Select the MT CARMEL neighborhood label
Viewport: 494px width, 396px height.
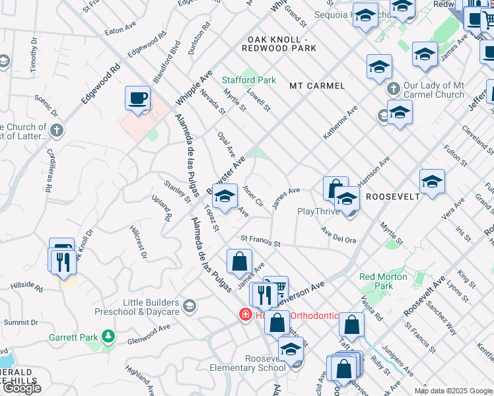[317, 86]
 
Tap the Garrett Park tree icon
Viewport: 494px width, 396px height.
[108, 337]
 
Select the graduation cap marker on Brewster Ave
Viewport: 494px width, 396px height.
[225, 197]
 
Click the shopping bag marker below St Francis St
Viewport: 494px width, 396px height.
[239, 261]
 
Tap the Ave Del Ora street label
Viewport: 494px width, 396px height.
[338, 235]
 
